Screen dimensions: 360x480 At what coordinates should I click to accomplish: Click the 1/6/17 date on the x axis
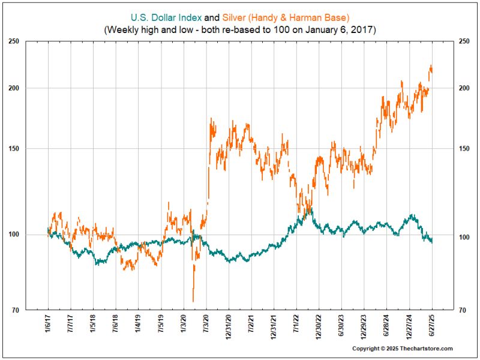[x=48, y=324]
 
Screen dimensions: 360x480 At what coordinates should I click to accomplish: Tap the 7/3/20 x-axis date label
[x=206, y=324]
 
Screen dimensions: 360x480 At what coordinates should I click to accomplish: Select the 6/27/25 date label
[x=432, y=324]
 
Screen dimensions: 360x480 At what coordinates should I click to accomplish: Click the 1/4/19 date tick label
[x=138, y=324]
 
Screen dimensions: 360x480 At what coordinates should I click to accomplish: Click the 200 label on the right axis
[x=448, y=88]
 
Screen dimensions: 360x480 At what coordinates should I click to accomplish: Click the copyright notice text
[x=402, y=349]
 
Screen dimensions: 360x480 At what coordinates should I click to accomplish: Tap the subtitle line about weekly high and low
[x=240, y=28]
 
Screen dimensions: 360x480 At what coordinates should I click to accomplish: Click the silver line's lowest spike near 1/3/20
[x=193, y=301]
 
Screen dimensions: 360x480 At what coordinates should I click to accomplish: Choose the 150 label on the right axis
[x=448, y=149]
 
